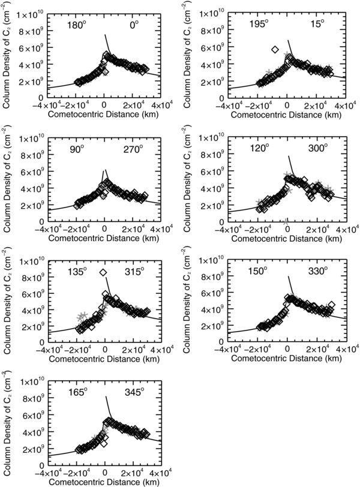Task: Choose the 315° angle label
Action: tap(133, 271)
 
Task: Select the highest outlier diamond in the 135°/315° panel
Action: tap(103, 273)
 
